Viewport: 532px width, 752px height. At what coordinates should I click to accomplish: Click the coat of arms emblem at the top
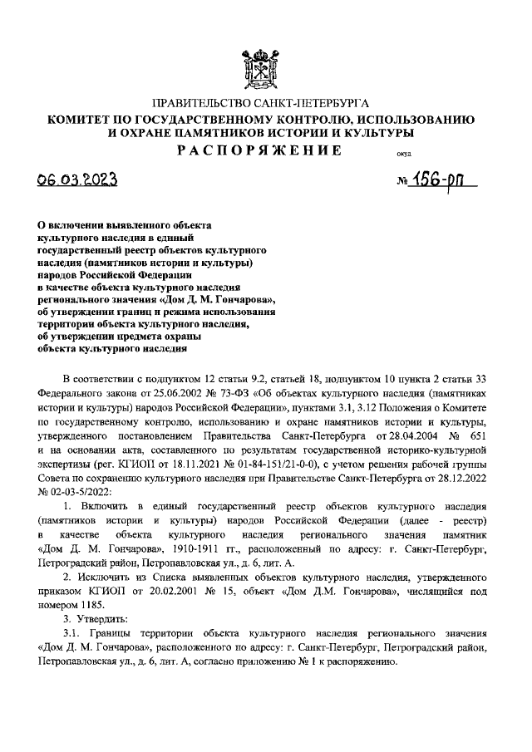tap(265, 66)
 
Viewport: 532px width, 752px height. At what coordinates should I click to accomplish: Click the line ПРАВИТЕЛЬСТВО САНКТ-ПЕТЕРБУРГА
tap(265, 104)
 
